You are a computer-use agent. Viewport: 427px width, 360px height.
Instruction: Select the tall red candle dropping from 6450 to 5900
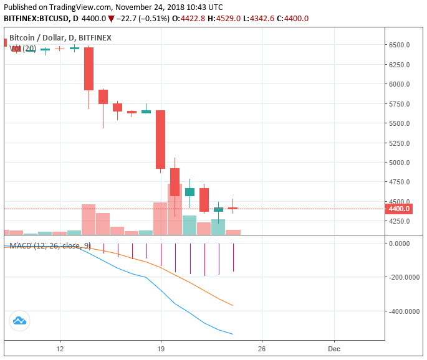pyautogui.click(x=89, y=69)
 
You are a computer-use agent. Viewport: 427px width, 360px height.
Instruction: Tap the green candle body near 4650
pyautogui.click(x=190, y=192)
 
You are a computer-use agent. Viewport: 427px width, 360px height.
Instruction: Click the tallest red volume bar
pyautogui.click(x=175, y=209)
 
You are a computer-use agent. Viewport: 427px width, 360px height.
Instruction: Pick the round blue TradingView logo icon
pyautogui.click(x=19, y=321)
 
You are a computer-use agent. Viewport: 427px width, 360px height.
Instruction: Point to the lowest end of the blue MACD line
pyautogui.click(x=233, y=334)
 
